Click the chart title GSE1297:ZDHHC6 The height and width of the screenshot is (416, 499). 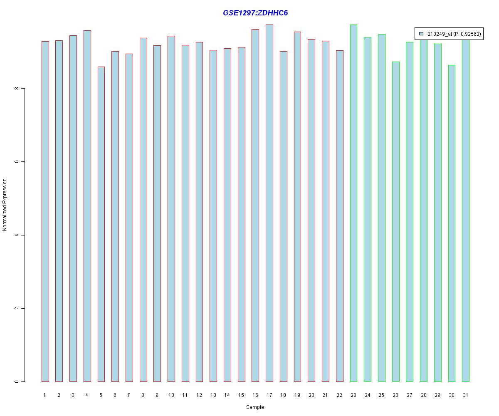pyautogui.click(x=255, y=12)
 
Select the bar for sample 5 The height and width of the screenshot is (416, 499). pyautogui.click(x=101, y=224)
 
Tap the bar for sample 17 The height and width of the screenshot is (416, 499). pyautogui.click(x=269, y=203)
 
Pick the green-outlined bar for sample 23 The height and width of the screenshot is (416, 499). pyautogui.click(x=353, y=203)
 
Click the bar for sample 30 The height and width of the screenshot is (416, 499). pyautogui.click(x=452, y=223)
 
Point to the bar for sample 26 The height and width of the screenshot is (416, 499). pyautogui.click(x=396, y=222)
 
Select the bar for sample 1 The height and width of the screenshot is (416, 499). pyautogui.click(x=45, y=211)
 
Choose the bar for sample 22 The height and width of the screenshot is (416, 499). pyautogui.click(x=340, y=216)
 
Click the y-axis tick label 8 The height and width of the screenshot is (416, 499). pyautogui.click(x=17, y=89)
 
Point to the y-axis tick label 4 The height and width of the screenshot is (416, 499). pyautogui.click(x=17, y=235)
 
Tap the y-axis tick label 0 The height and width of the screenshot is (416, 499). pyautogui.click(x=17, y=381)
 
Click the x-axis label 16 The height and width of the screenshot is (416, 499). pyautogui.click(x=255, y=395)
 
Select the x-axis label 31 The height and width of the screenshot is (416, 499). pyautogui.click(x=466, y=395)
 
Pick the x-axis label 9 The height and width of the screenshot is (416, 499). pyautogui.click(x=157, y=395)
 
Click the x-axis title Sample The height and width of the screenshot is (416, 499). pyautogui.click(x=255, y=407)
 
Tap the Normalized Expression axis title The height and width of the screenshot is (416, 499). pyautogui.click(x=5, y=205)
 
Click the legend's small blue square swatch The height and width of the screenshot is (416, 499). pyautogui.click(x=421, y=34)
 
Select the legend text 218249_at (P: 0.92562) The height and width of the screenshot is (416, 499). pyautogui.click(x=454, y=34)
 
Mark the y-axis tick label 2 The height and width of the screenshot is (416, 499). pyautogui.click(x=17, y=308)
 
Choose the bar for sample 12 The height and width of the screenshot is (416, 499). pyautogui.click(x=199, y=212)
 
